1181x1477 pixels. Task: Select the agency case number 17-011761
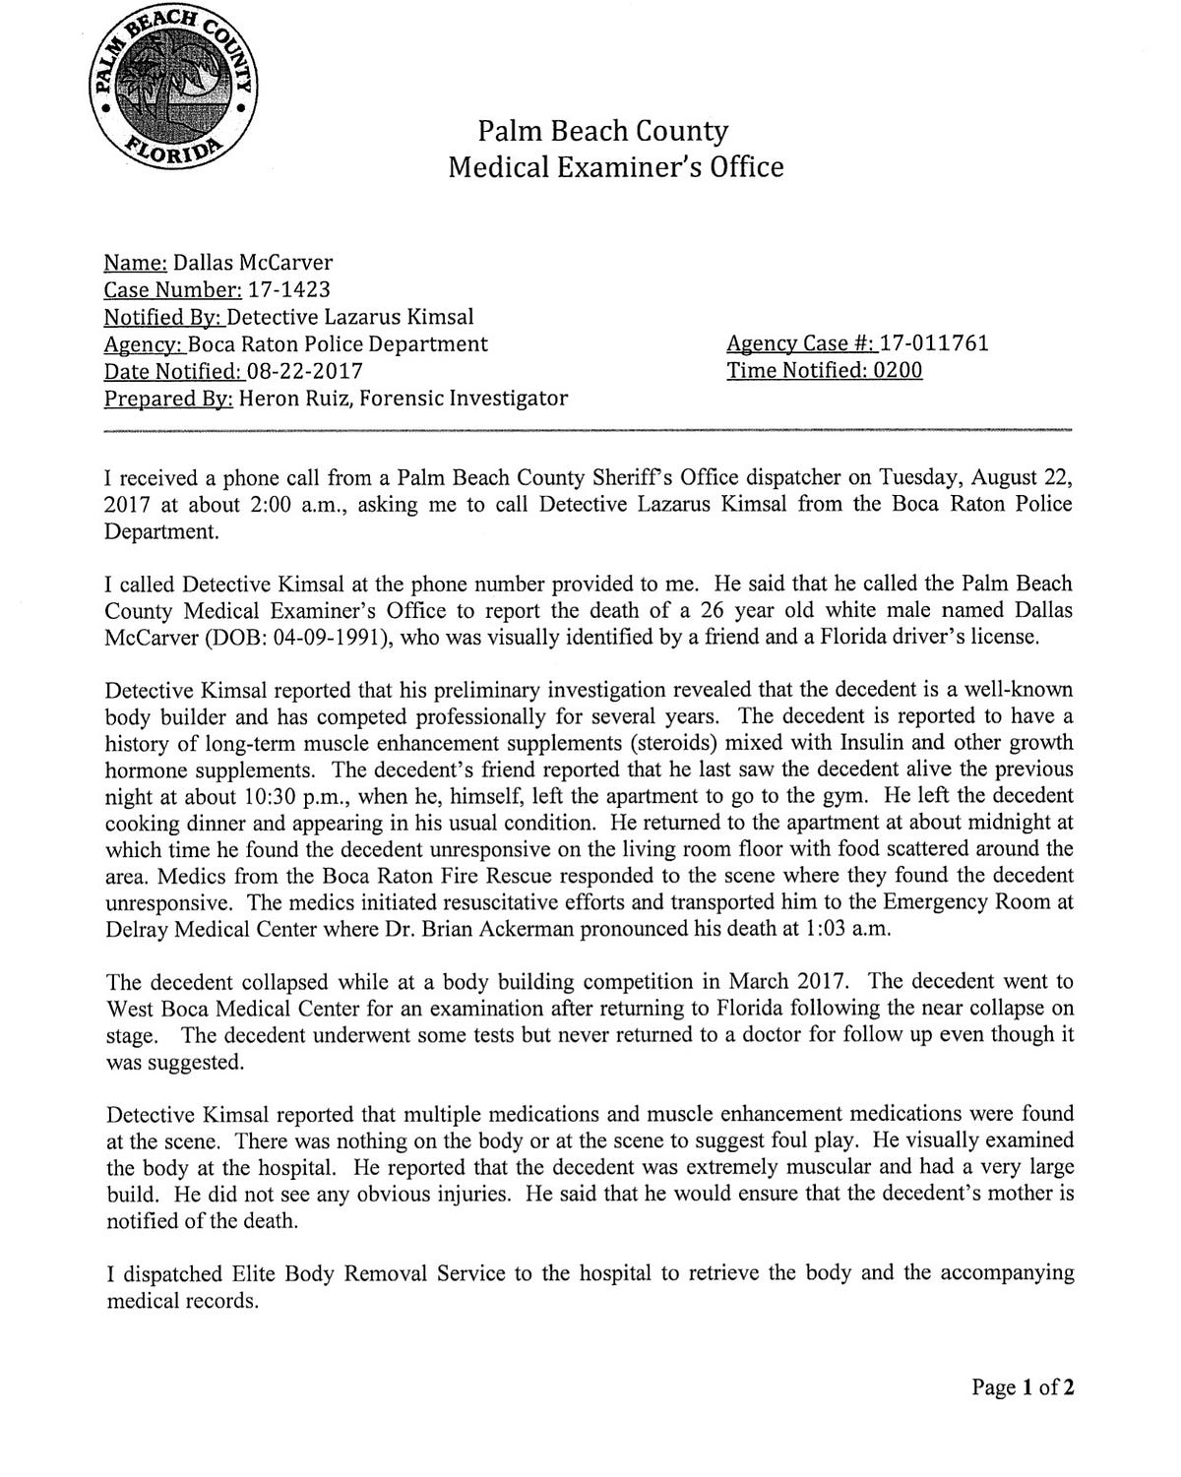coord(934,343)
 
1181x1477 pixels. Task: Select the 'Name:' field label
coord(136,263)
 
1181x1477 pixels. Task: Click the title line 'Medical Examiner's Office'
coord(616,167)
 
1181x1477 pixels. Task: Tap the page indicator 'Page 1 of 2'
coord(1023,1388)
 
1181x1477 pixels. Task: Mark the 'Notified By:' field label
coord(163,317)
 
